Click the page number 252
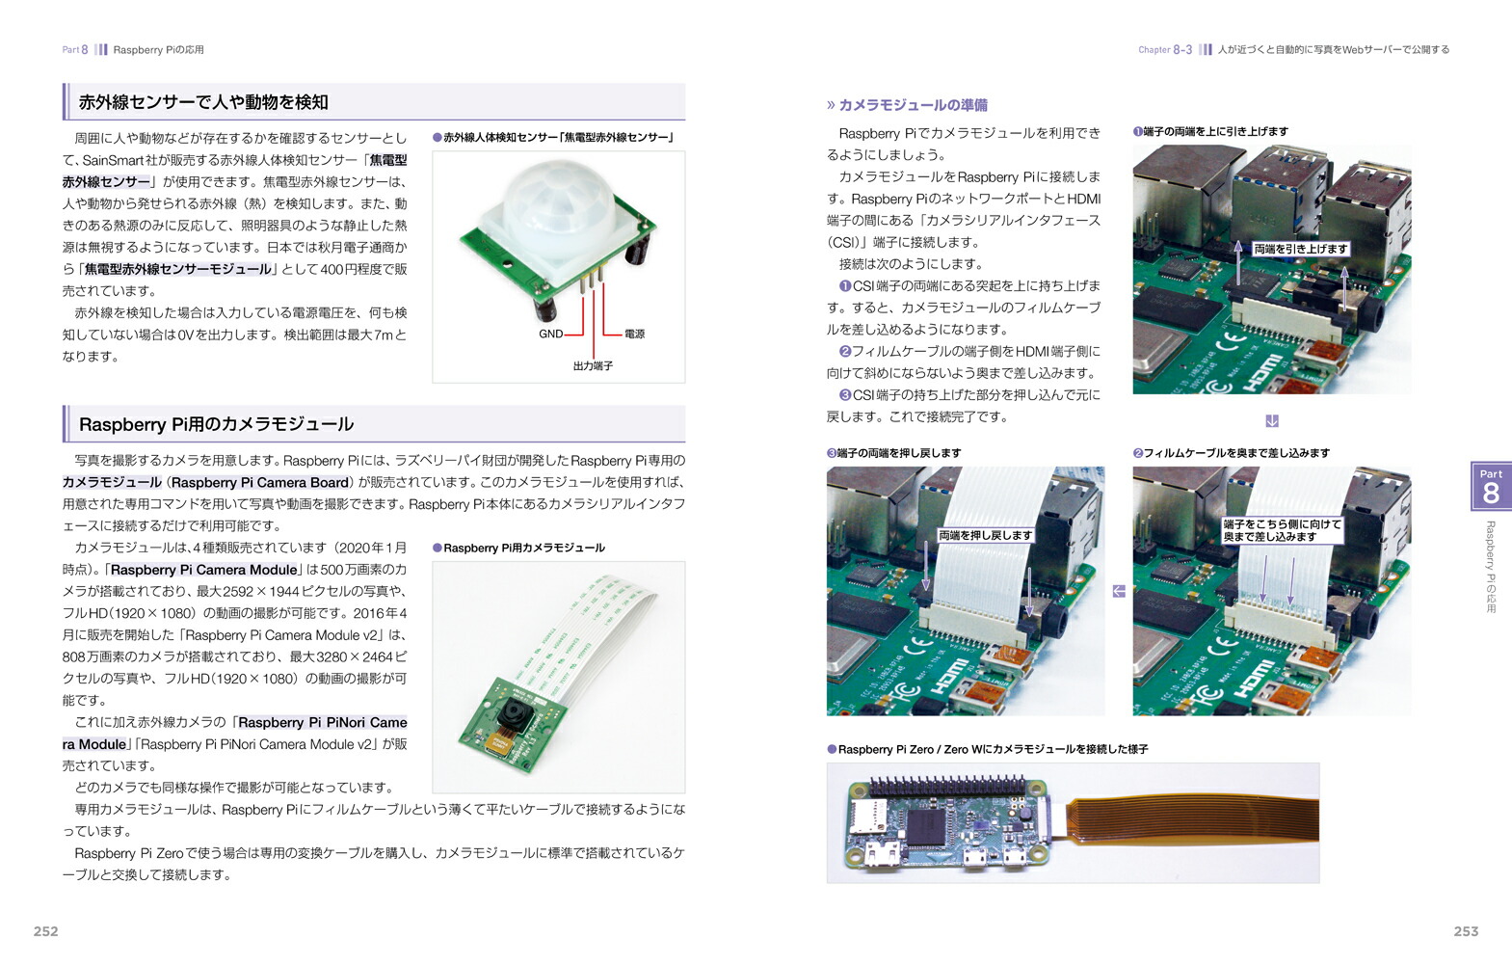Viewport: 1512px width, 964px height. pyautogui.click(x=46, y=931)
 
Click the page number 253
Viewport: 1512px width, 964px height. pyautogui.click(x=1466, y=931)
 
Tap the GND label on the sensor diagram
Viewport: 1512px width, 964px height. pyautogui.click(x=551, y=334)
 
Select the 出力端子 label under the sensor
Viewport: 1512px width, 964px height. pyautogui.click(x=593, y=366)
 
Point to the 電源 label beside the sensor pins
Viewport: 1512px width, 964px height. pyautogui.click(x=634, y=334)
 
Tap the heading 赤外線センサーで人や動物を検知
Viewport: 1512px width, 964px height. pyautogui.click(x=203, y=102)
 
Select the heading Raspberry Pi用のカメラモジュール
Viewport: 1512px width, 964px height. pyautogui.click(x=216, y=424)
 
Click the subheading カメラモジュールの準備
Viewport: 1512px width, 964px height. pyautogui.click(x=913, y=105)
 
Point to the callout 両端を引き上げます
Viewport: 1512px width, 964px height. pyautogui.click(x=1301, y=249)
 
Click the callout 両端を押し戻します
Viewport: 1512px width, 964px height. pyautogui.click(x=986, y=535)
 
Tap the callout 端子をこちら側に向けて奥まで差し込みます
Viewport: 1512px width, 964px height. pyautogui.click(x=1282, y=530)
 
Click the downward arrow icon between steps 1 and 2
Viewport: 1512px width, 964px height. pyautogui.click(x=1272, y=420)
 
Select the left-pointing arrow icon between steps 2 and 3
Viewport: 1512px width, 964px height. pyautogui.click(x=1119, y=591)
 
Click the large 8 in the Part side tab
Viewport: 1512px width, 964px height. pyautogui.click(x=1491, y=494)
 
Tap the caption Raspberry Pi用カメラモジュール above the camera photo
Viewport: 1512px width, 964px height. pyautogui.click(x=524, y=548)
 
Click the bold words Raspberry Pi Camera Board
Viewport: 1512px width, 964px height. pyautogui.click(x=260, y=482)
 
